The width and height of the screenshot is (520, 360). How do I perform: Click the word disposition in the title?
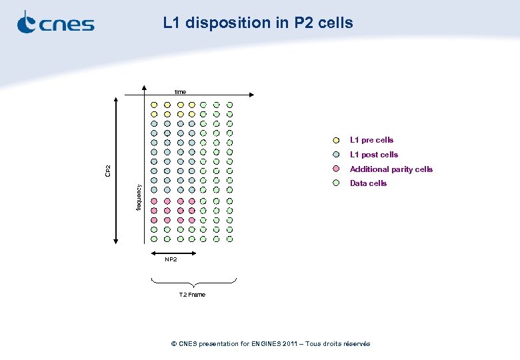coord(227,23)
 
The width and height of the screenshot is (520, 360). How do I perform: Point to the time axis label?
coord(181,91)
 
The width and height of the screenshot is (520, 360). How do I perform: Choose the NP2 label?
coord(171,259)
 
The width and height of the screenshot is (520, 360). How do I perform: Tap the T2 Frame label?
coord(192,295)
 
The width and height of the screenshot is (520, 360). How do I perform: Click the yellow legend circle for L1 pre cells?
coord(337,140)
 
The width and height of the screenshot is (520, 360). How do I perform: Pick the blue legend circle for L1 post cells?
coord(337,155)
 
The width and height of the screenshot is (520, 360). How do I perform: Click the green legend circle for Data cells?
coord(337,183)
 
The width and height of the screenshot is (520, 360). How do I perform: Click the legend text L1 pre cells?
coord(371,140)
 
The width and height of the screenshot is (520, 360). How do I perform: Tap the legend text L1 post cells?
coord(374,155)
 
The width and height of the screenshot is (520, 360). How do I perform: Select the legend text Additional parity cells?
coord(391,169)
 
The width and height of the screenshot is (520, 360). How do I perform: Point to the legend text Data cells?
coord(368,183)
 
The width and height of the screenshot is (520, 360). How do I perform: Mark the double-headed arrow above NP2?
coord(172,253)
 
